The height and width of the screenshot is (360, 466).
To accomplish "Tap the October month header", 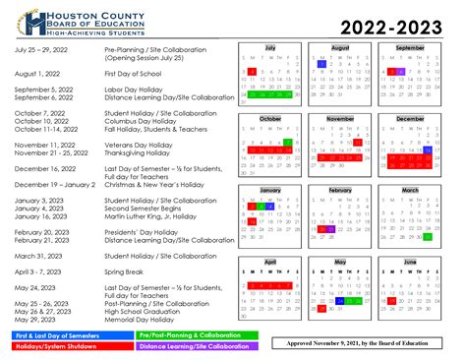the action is click(x=269, y=118).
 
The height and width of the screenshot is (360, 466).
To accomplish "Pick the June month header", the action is click(x=410, y=262).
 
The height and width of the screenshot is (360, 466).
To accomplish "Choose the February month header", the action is click(x=340, y=190).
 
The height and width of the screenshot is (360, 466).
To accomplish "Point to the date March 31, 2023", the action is click(x=40, y=255).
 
